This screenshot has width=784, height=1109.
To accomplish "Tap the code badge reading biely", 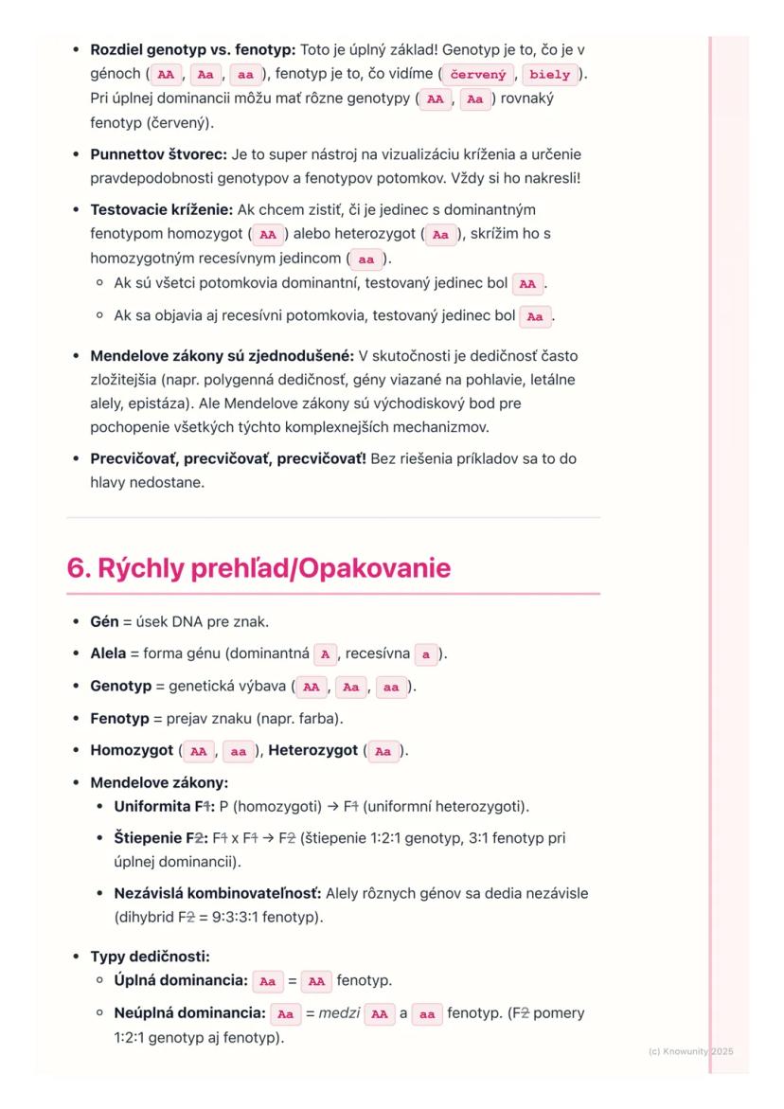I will tap(550, 73).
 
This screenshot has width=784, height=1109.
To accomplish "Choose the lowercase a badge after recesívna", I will tap(427, 653).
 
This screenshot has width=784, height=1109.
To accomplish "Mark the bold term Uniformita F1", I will tap(161, 807).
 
